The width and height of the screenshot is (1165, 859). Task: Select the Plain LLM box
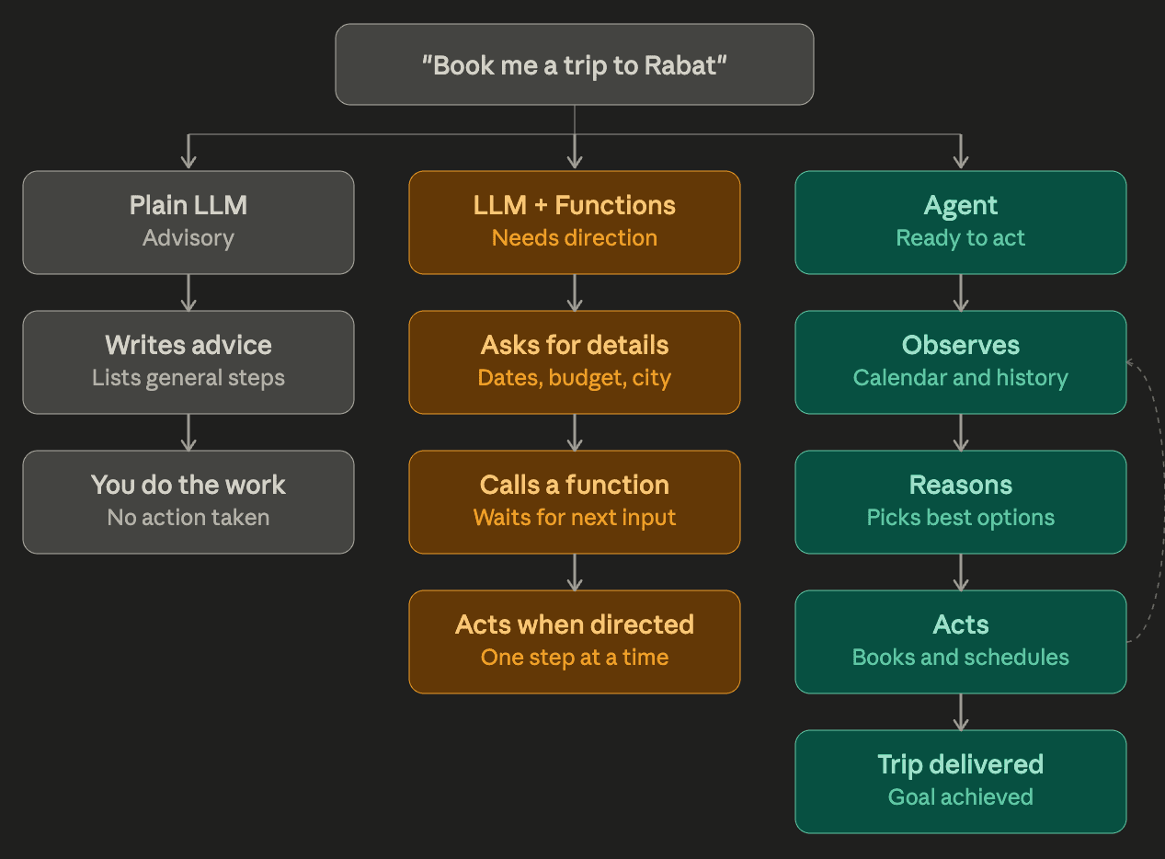pyautogui.click(x=188, y=222)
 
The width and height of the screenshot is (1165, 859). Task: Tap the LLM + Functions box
pyautogui.click(x=575, y=222)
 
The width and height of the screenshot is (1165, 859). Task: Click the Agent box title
pyautogui.click(x=960, y=206)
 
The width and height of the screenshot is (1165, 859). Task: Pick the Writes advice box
pyautogui.click(x=188, y=361)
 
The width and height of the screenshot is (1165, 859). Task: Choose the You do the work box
pyautogui.click(x=188, y=501)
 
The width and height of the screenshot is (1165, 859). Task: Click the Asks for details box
pyautogui.click(x=575, y=361)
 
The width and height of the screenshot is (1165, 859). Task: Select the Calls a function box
pyautogui.click(x=575, y=501)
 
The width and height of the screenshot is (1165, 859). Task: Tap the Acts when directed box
pyautogui.click(x=575, y=641)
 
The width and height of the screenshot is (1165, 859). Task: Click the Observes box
pyautogui.click(x=960, y=361)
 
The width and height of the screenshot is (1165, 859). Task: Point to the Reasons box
pyautogui.click(x=960, y=501)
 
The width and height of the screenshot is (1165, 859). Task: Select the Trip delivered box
pyautogui.click(x=960, y=781)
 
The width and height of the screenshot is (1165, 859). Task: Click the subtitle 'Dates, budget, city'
pyautogui.click(x=575, y=378)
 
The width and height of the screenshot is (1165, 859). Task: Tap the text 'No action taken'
pyautogui.click(x=188, y=518)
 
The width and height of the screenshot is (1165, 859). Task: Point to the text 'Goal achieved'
pyautogui.click(x=960, y=797)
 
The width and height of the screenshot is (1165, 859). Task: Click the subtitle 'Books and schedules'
pyautogui.click(x=960, y=658)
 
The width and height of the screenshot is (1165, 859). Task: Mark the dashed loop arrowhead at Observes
pyautogui.click(x=1131, y=363)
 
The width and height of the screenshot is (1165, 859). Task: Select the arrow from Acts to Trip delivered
pyautogui.click(x=961, y=711)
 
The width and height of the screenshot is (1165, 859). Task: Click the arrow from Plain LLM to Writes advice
pyautogui.click(x=188, y=292)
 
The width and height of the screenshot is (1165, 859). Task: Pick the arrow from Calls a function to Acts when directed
pyautogui.click(x=575, y=571)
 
